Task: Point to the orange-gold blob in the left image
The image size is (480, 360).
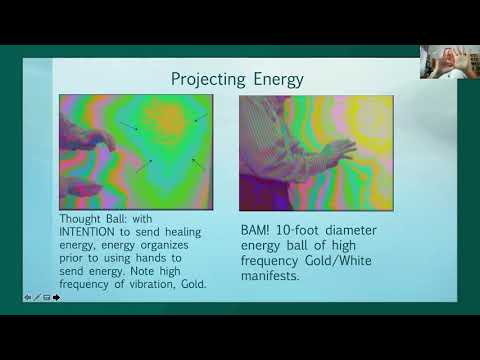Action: (171, 121)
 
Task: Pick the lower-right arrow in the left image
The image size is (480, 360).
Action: (197, 163)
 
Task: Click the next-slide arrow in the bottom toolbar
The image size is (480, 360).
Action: (57, 297)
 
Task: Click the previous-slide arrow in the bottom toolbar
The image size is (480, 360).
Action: (27, 297)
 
